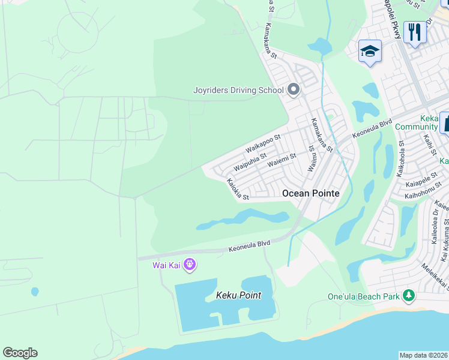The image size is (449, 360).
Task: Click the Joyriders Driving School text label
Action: click(238, 91)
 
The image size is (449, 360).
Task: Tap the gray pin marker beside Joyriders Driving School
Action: click(294, 90)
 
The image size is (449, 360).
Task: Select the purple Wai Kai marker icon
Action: click(190, 264)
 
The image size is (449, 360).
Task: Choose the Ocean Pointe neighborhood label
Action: click(310, 193)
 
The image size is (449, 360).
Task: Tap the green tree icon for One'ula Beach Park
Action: click(409, 295)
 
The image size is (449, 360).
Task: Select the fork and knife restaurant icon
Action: click(414, 32)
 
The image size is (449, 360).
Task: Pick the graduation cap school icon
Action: click(370, 52)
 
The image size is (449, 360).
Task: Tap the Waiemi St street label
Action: click(282, 160)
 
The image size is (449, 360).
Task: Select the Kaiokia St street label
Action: click(237, 188)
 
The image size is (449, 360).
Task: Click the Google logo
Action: click(20, 353)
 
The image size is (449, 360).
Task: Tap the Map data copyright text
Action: click(423, 355)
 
